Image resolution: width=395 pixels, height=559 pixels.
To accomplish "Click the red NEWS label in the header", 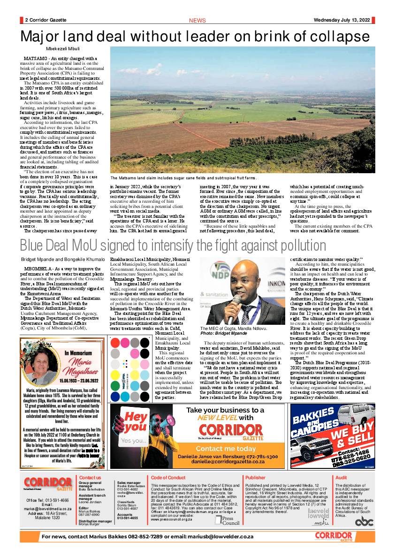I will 197,21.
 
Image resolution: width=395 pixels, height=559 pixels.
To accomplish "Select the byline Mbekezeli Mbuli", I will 62,49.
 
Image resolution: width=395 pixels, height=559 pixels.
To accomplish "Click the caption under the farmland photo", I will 183,178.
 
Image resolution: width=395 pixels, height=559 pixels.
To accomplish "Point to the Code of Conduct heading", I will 168,478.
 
